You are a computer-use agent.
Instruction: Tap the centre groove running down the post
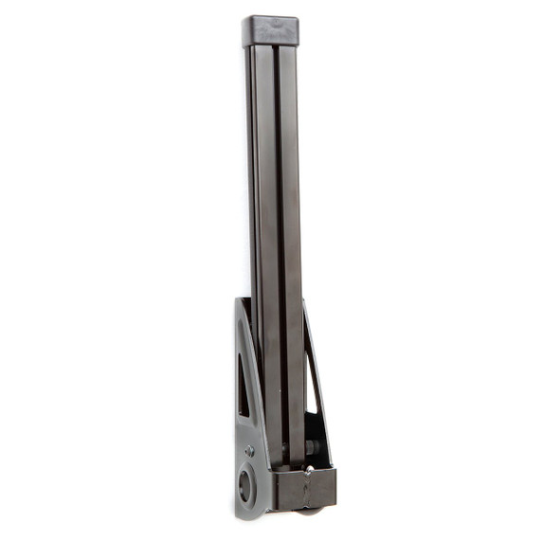pyautogui.click(x=276, y=237)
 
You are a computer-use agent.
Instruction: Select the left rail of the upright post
pyautogui.click(x=262, y=237)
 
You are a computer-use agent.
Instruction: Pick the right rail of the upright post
pyautogui.click(x=289, y=237)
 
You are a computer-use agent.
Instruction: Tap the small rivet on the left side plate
pyautogui.click(x=249, y=451)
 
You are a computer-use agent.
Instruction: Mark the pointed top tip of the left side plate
pyautogui.click(x=242, y=300)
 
